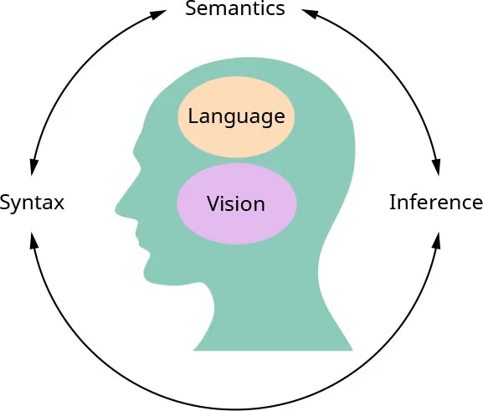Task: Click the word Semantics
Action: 235,9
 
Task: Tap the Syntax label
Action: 32,203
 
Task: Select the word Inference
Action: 436,203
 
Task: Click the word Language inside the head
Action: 236,116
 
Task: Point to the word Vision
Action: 236,203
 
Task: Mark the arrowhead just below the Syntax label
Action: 33,239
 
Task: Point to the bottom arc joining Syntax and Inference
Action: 235,408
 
